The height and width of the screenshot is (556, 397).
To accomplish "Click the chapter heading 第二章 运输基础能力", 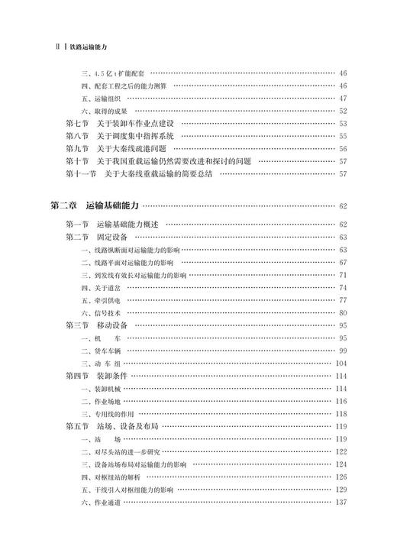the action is (94, 205).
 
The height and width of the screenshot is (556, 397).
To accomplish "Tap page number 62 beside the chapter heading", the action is (343, 206).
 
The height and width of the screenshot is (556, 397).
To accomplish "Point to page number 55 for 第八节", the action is (343, 136).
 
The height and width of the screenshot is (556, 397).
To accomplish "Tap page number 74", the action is (343, 287).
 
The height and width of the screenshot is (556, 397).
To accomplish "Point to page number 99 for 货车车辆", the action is (343, 351).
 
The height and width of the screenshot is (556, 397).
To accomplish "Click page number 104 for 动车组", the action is (341, 364).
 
